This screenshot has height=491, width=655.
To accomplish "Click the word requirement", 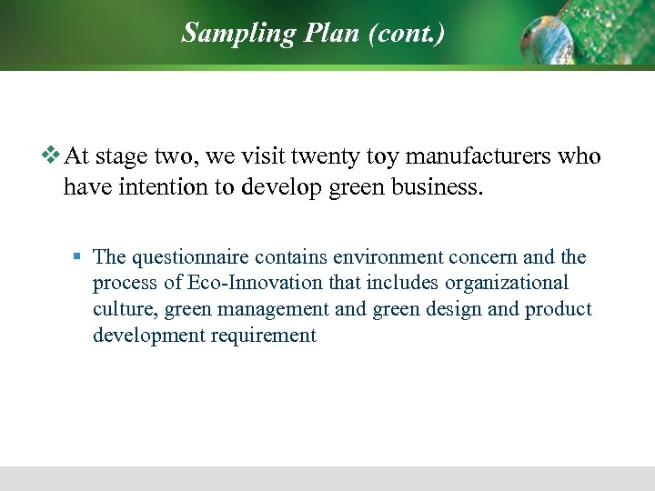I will coord(264,336).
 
